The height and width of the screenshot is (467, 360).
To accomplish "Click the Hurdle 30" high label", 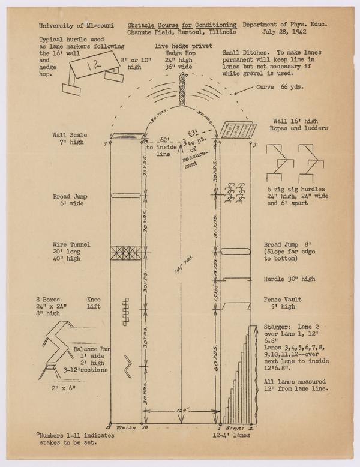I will pos(289,279).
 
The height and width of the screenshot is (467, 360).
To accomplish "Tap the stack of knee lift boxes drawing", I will pos(125,311).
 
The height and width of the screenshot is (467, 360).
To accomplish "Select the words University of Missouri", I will pos(76,26).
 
